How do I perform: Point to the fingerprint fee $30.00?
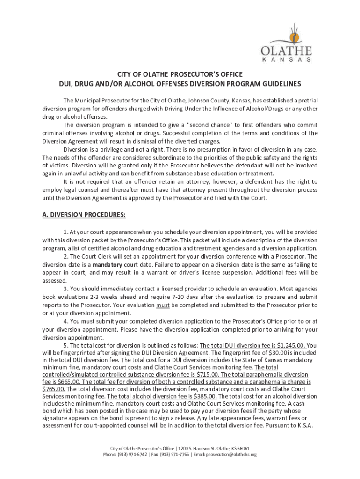276,352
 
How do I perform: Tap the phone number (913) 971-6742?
133,454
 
